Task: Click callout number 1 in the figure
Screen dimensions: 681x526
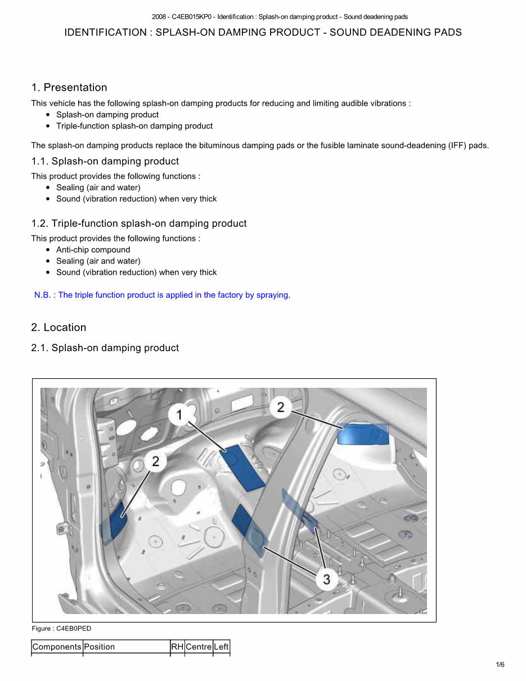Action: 179,415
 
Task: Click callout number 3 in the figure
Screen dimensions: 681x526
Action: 327,578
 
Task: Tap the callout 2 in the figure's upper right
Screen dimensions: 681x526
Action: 281,407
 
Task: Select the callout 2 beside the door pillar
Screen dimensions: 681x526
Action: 155,462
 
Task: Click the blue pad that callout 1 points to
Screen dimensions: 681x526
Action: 242,467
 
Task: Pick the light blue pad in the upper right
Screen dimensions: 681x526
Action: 363,434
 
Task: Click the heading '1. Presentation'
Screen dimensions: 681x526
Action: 69,87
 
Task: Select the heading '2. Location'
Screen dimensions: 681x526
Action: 59,328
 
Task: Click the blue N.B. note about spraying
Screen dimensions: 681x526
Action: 162,295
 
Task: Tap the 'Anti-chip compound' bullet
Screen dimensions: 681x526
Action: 93,250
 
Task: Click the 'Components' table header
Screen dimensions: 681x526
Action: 57,647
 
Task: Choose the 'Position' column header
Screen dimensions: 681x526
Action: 99,647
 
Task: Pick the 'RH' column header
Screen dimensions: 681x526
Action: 177,647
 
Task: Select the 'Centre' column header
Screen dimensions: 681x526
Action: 199,647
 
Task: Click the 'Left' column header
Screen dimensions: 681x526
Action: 222,647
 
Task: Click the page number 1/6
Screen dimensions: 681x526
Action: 500,665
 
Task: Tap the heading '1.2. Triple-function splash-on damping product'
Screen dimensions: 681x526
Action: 139,223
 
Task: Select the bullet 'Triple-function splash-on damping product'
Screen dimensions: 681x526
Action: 134,126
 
